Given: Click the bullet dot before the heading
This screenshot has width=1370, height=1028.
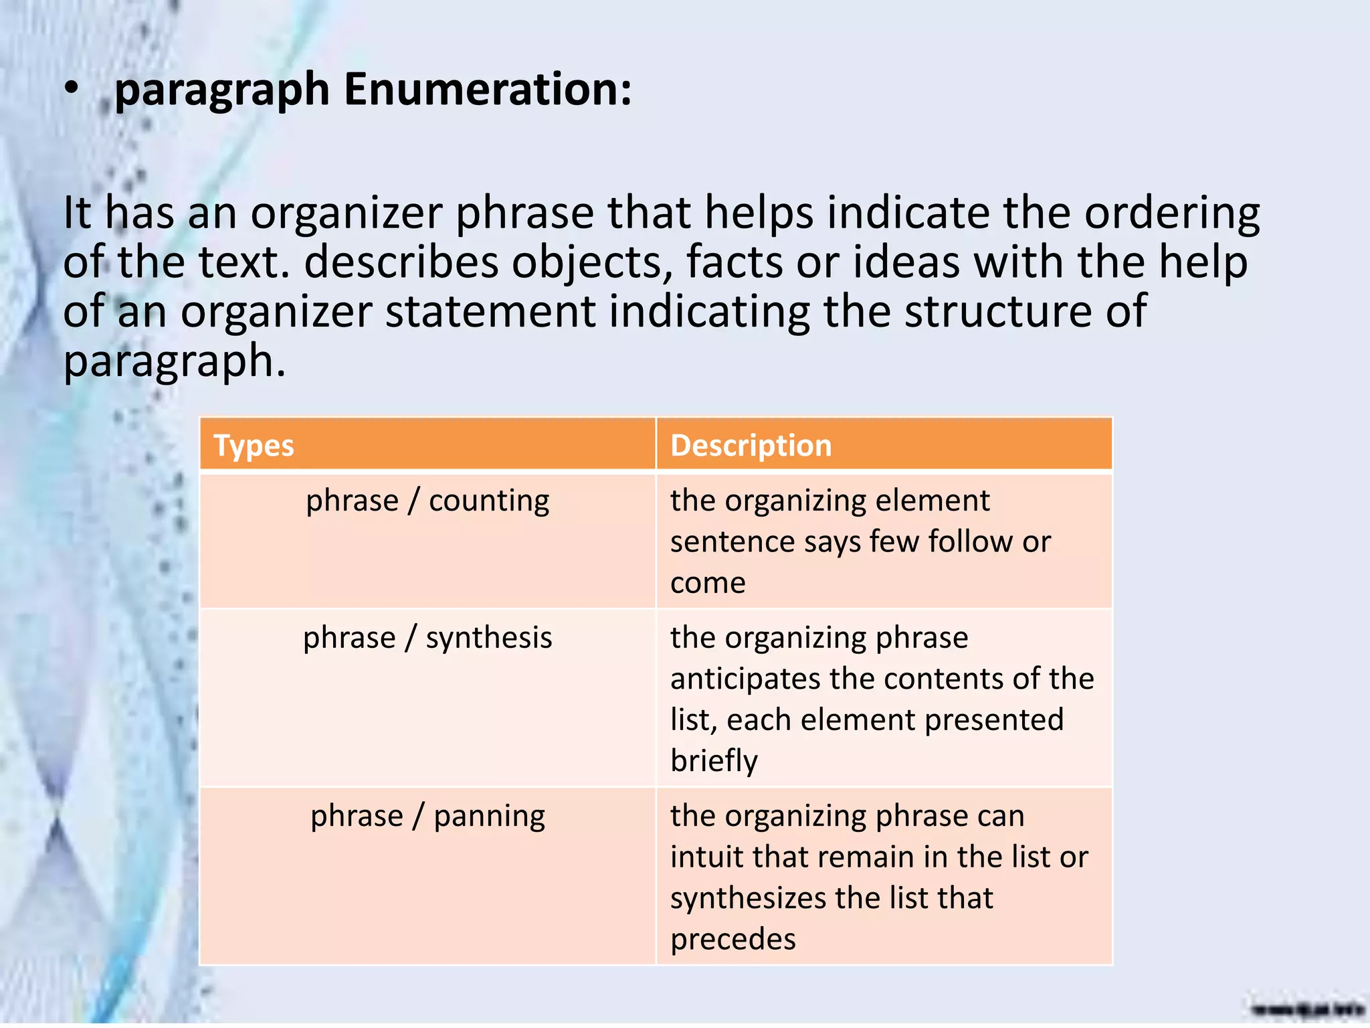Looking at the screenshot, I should pyautogui.click(x=72, y=90).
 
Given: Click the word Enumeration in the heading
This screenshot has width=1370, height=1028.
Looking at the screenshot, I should pyautogui.click(x=487, y=90).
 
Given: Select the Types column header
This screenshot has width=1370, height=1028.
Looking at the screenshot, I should pyautogui.click(x=254, y=446).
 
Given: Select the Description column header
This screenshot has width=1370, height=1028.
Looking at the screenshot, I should pyautogui.click(x=751, y=446).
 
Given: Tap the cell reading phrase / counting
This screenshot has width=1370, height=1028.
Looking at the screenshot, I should pyautogui.click(x=427, y=501).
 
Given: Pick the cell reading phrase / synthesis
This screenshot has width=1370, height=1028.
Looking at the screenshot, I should pyautogui.click(x=427, y=638).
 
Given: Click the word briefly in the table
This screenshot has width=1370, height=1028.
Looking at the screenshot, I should pyautogui.click(x=714, y=762).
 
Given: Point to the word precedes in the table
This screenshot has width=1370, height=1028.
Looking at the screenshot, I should pyautogui.click(x=732, y=940).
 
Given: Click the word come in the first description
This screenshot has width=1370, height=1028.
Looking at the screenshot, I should pyautogui.click(x=708, y=583).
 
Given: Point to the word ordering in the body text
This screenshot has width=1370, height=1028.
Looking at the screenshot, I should pyautogui.click(x=1171, y=213).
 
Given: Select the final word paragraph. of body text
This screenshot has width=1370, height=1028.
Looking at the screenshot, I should pyautogui.click(x=175, y=361).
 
